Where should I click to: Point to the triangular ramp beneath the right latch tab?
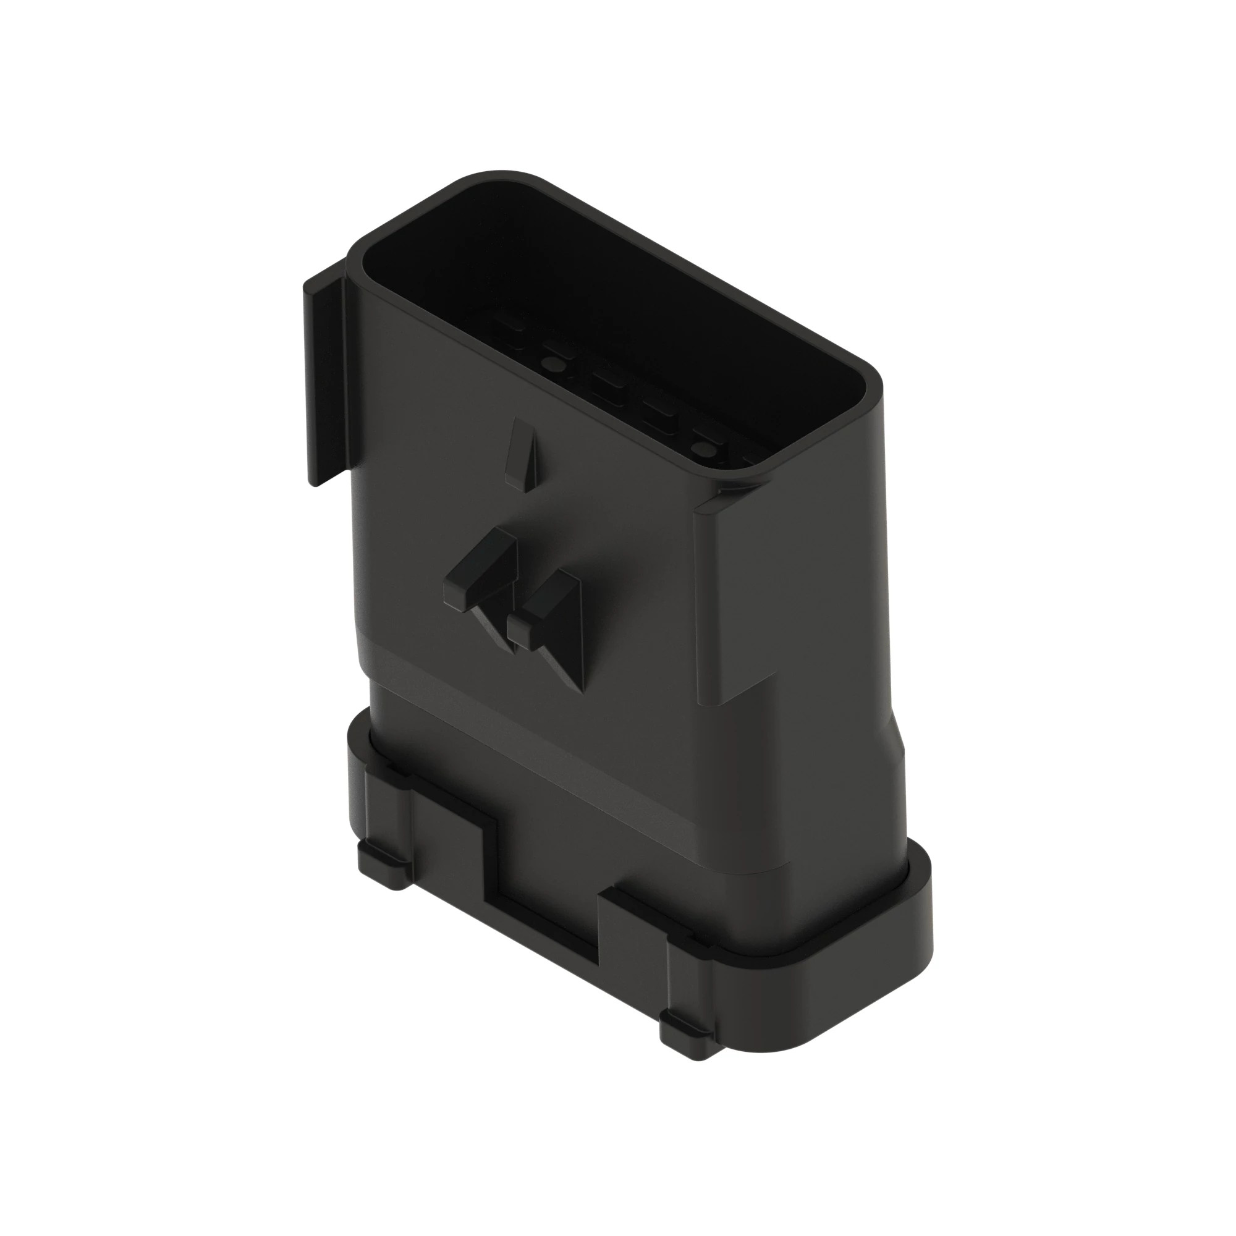(x=563, y=659)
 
